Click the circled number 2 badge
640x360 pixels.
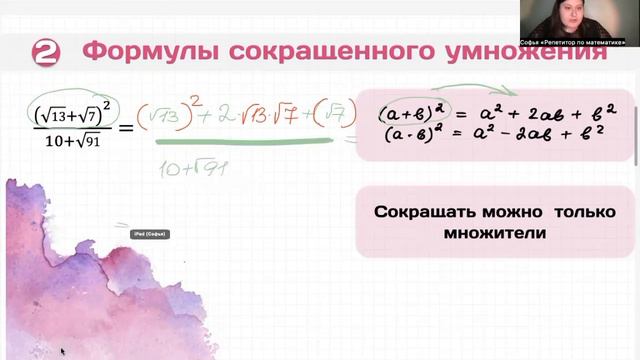(48, 52)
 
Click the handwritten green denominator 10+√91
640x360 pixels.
(194, 167)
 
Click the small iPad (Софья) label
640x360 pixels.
(148, 234)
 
